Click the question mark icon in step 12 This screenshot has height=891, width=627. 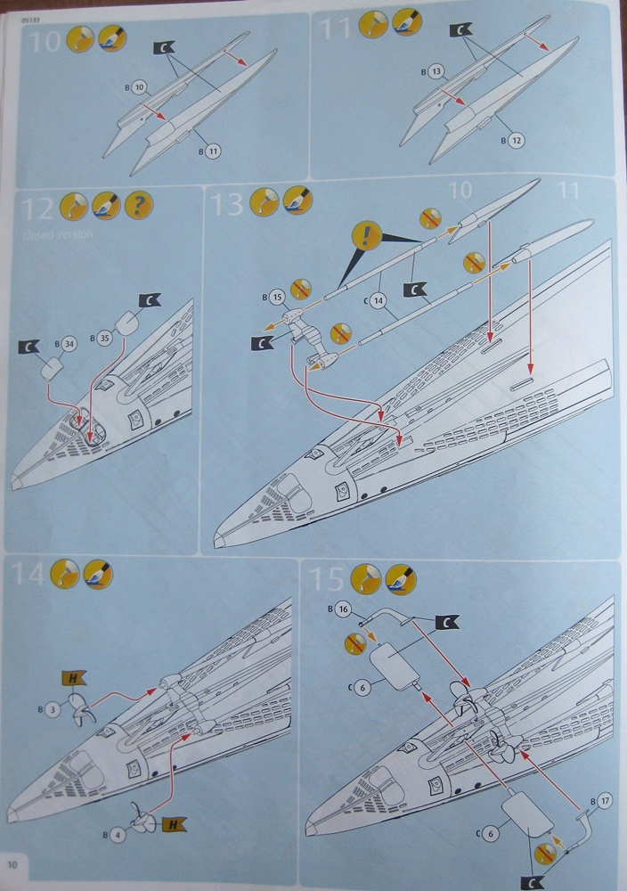pos(138,207)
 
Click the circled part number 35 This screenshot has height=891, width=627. pos(105,338)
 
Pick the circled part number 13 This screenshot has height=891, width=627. pos(436,70)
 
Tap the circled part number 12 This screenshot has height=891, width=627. pos(517,140)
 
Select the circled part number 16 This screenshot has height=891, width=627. pos(345,609)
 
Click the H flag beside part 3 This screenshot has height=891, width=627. pos(69,679)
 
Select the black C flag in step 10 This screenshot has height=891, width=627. pos(164,49)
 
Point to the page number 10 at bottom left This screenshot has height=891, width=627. pos(12,862)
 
